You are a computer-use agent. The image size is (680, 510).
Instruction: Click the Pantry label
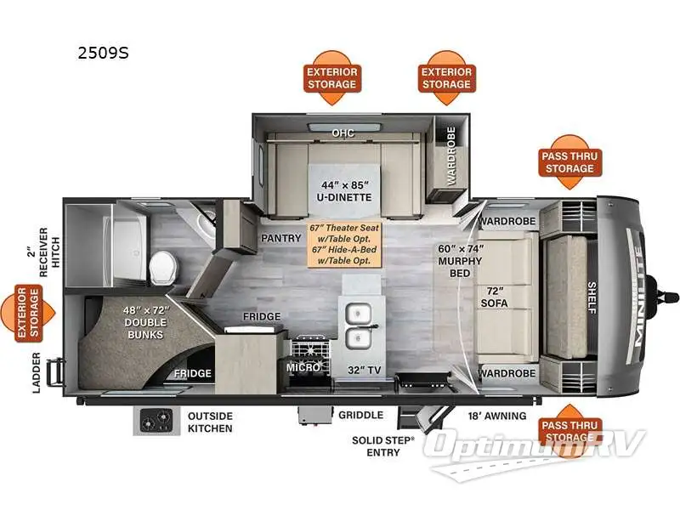[x=277, y=239]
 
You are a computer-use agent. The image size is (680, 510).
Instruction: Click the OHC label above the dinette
[x=343, y=133]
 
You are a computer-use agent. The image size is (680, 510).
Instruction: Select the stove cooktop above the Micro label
[x=309, y=349]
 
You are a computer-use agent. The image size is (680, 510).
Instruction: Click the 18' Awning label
[x=498, y=416]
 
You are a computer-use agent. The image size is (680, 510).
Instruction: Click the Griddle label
[x=360, y=416]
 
